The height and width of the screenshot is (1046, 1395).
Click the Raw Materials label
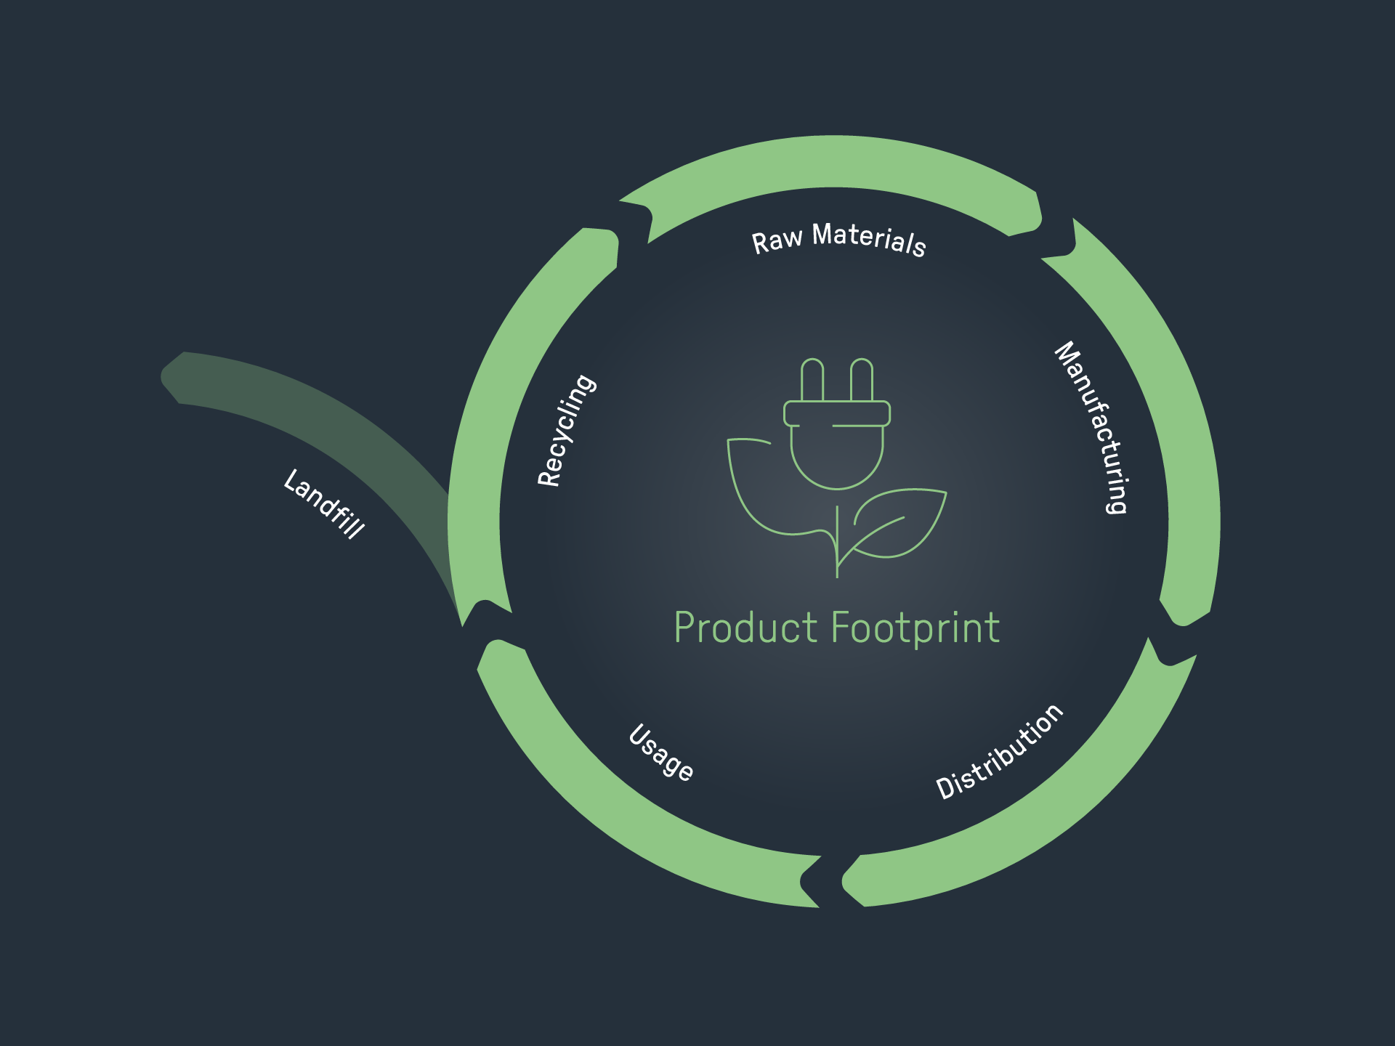tap(838, 239)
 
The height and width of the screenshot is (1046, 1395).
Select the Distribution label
tap(1000, 753)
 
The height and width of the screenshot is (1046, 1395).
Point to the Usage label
tap(660, 753)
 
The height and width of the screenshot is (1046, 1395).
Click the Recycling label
tap(566, 430)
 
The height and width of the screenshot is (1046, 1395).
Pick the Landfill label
tap(324, 504)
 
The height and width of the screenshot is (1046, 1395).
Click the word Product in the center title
tap(745, 628)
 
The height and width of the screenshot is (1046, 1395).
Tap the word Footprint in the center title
tap(915, 628)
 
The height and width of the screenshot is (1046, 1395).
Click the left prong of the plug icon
tap(812, 379)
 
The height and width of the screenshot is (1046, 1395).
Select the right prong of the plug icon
tap(862, 379)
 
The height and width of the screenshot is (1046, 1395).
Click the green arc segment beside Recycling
tap(501, 407)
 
